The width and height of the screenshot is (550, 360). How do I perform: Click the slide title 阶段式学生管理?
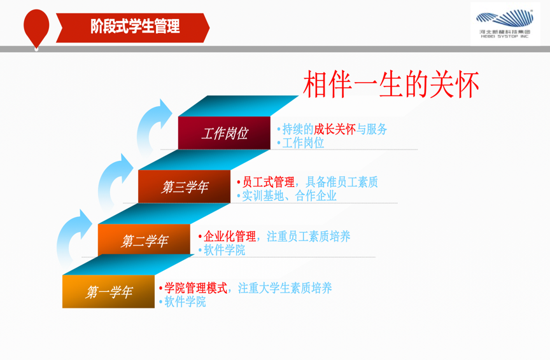tap(135, 27)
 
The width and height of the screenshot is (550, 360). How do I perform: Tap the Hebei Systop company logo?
tap(505, 24)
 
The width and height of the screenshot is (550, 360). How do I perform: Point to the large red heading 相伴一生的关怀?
tap(391, 84)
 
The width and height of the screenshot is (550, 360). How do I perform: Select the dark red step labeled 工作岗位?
tap(224, 133)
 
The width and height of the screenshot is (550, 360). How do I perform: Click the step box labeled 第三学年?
tap(184, 186)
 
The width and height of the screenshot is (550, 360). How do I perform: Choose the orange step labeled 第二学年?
tap(144, 240)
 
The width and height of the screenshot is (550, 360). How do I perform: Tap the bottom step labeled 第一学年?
tap(108, 292)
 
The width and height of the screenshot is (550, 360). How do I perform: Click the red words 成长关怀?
tap(335, 129)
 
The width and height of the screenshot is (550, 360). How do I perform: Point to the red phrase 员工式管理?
tap(269, 182)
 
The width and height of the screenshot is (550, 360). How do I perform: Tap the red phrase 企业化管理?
tap(230, 236)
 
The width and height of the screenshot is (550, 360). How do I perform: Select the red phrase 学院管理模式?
tap(195, 288)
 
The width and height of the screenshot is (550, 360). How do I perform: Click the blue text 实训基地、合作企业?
tap(290, 196)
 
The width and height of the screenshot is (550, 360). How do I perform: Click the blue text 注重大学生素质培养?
tap(285, 288)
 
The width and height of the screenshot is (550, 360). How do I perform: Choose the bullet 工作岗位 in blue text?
tap(303, 142)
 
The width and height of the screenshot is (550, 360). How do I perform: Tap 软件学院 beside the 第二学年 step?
tap(224, 250)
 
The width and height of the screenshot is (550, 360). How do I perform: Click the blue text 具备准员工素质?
tap(342, 182)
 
